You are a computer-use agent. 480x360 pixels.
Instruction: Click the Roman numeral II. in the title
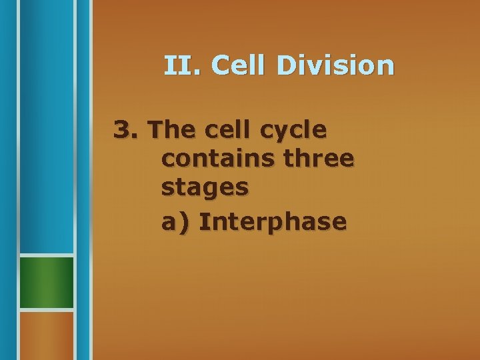(183, 65)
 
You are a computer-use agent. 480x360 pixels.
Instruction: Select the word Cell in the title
(240, 65)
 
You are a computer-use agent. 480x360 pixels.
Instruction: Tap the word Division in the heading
(337, 65)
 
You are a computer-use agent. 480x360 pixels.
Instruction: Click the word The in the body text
(170, 129)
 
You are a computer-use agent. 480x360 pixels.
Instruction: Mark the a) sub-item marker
(175, 221)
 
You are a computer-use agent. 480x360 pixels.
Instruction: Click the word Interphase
(273, 221)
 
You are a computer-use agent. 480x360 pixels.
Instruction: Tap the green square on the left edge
(46, 282)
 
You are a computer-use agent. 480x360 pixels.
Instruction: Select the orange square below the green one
(46, 335)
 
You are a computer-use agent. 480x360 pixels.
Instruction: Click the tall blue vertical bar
(46, 127)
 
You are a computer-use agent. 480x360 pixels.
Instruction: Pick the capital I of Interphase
(202, 221)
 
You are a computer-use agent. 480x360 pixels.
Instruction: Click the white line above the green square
(46, 255)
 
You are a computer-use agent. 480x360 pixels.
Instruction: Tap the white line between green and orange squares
(46, 310)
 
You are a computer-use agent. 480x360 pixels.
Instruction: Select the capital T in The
(158, 129)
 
